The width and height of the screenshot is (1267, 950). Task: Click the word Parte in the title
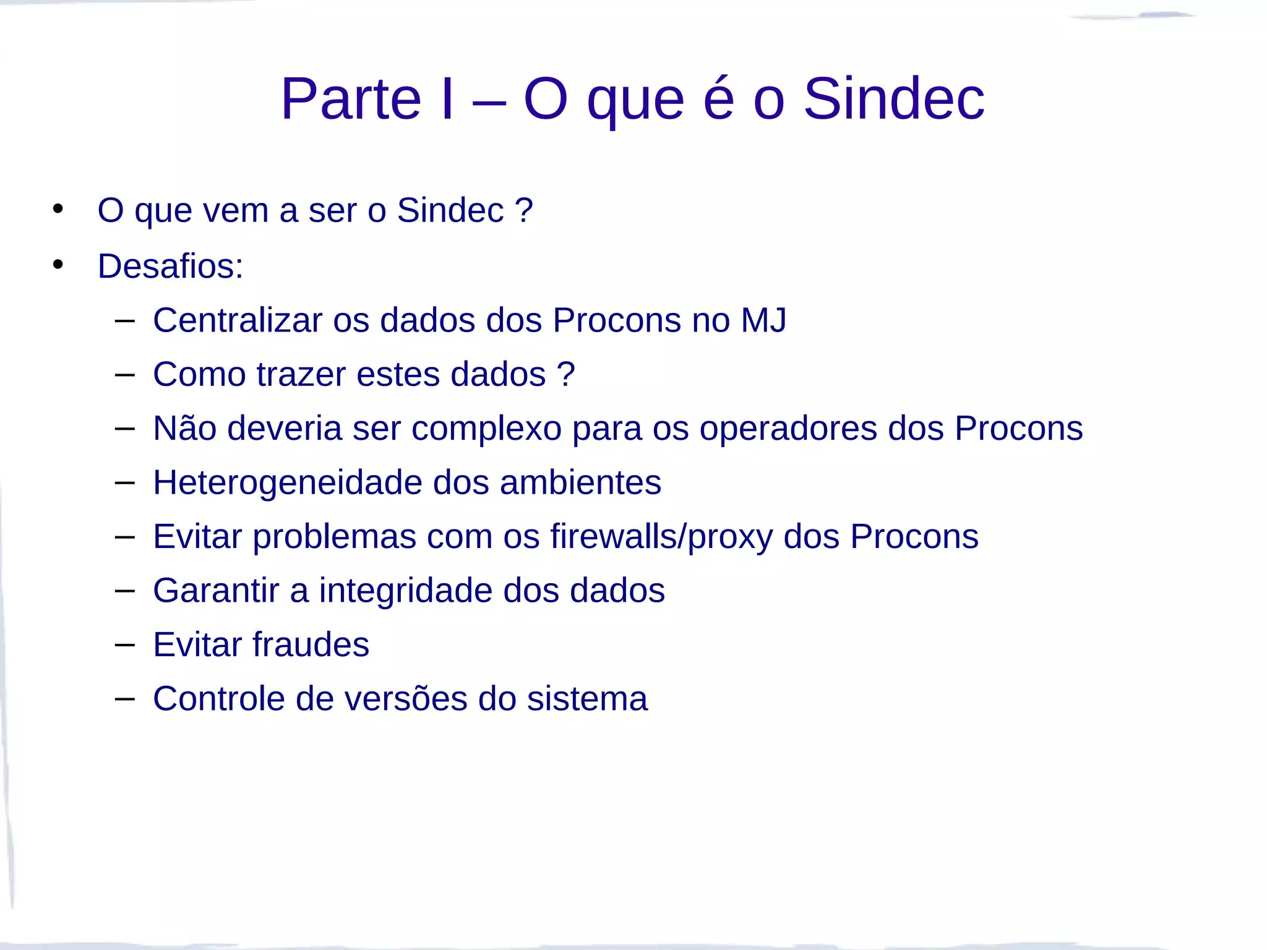(351, 99)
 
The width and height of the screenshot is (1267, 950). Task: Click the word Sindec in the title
(893, 99)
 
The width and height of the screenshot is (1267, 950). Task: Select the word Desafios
(170, 266)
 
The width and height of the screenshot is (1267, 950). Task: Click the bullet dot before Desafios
(58, 265)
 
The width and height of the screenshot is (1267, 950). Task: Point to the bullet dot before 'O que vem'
(58, 209)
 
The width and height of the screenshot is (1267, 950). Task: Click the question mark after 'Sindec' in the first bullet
(524, 210)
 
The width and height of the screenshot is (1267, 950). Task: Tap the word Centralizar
(238, 320)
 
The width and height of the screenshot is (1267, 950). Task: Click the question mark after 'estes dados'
(566, 374)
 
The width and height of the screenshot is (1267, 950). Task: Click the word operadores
(788, 429)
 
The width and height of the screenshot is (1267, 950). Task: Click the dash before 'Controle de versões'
(124, 698)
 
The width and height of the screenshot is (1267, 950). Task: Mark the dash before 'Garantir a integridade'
(124, 590)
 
